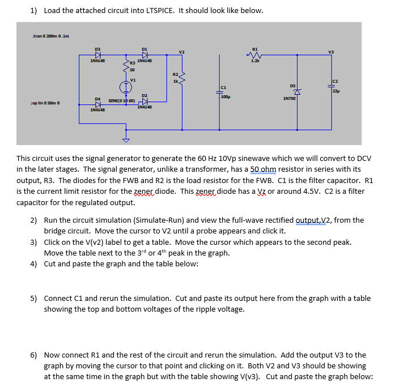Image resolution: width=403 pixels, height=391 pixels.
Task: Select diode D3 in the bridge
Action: click(x=97, y=56)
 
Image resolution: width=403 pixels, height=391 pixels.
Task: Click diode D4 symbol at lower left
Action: click(x=97, y=104)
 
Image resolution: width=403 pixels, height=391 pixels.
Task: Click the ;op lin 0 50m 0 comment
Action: click(x=45, y=103)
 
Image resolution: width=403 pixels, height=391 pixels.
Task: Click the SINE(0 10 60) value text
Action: click(x=123, y=100)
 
